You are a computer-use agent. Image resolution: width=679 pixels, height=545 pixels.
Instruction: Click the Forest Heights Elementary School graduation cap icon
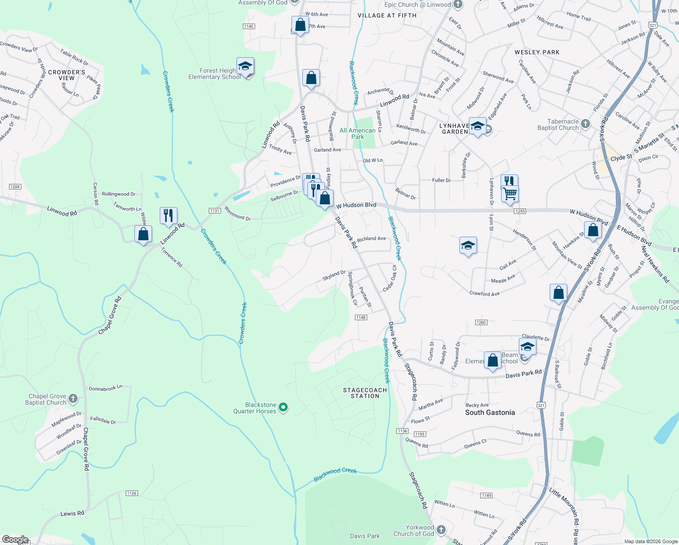pos(245,67)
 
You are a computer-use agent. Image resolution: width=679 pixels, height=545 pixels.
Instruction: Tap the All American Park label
pos(358,134)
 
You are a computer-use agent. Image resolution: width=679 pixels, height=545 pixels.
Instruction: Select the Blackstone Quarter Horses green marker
pos(283,407)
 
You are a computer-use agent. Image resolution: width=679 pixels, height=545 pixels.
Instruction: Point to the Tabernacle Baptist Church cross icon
pos(586,124)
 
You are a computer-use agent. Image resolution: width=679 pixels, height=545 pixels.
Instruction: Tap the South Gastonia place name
pos(490,412)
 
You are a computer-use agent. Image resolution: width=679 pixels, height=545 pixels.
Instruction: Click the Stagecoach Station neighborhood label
pos(365,393)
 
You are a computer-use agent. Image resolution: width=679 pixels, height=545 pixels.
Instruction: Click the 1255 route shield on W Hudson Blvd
pos(520,211)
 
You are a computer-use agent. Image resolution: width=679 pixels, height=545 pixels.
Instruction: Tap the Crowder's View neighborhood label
pos(67,75)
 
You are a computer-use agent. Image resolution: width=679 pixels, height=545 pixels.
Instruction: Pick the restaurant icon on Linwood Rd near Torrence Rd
pos(168,215)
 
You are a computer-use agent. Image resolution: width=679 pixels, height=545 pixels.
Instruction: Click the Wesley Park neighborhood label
pos(537,52)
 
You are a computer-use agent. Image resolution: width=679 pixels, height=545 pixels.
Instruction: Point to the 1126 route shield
pos(132,493)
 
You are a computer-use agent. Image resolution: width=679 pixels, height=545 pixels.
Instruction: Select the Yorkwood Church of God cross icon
pos(441,530)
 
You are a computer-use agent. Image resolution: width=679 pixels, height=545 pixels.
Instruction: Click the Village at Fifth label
pos(387,15)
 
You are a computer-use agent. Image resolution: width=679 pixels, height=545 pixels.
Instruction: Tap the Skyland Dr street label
pos(334,275)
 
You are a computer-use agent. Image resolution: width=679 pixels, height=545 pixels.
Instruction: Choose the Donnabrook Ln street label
pos(105,388)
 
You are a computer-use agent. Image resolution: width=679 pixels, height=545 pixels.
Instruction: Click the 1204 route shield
pos(15,187)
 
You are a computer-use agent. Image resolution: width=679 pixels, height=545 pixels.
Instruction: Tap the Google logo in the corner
pos(15,540)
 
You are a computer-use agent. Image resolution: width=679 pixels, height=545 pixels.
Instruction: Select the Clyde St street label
pos(621,158)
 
